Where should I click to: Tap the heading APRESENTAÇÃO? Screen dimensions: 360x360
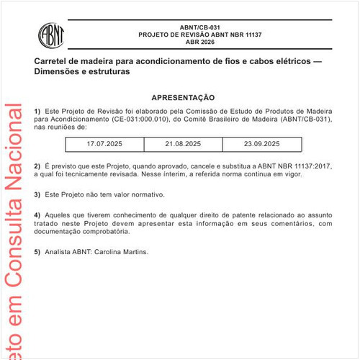[183, 97]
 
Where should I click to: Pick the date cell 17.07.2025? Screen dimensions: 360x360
[104, 144]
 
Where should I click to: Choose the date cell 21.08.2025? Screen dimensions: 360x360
[183, 144]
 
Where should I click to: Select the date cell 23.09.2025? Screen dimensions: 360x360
[261, 144]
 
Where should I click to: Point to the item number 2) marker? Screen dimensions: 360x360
[37, 166]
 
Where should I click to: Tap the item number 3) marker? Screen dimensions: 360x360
[37, 194]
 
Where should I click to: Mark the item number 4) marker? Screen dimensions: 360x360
[37, 215]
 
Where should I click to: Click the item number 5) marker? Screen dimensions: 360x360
[37, 252]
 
